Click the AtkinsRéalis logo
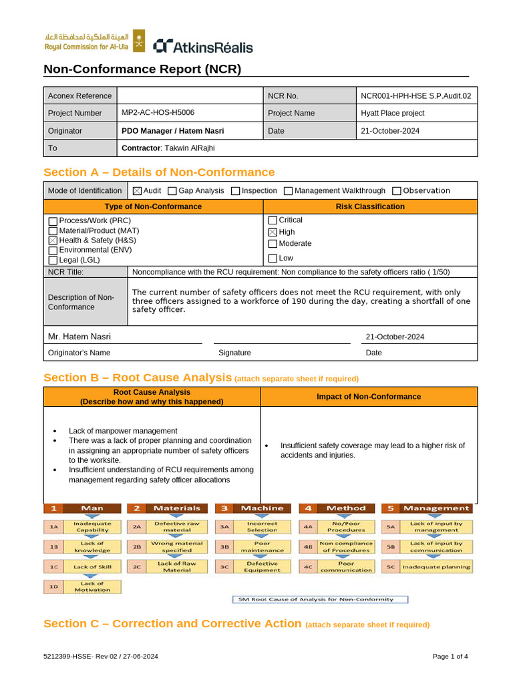click(x=203, y=46)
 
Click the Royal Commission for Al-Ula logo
click(x=94, y=41)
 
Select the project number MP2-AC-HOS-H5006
click(x=158, y=113)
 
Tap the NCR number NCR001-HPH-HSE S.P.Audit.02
click(x=416, y=96)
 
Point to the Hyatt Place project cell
click(x=416, y=113)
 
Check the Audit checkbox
click(x=138, y=191)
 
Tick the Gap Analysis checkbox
click(x=172, y=191)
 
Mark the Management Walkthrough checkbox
click(x=289, y=191)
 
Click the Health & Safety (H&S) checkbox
click(x=53, y=240)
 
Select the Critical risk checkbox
click(x=273, y=220)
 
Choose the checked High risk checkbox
click(x=273, y=232)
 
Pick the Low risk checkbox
click(x=273, y=259)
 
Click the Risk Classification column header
click(x=369, y=206)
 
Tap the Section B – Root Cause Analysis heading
click(x=138, y=378)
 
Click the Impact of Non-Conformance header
click(x=369, y=397)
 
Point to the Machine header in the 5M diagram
click(x=261, y=508)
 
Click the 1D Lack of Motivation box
click(x=83, y=587)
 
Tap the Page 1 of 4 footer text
click(x=450, y=657)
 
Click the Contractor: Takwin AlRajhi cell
click(x=168, y=148)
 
